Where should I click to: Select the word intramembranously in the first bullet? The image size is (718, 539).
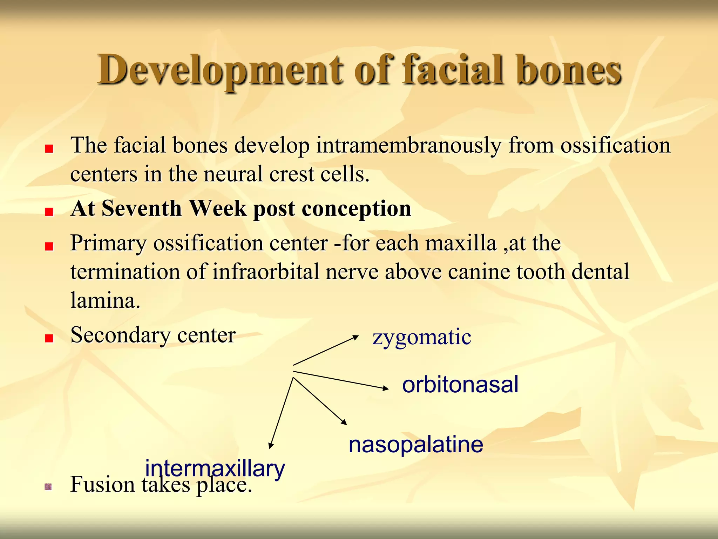click(x=409, y=146)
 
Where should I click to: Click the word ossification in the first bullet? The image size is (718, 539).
click(x=615, y=146)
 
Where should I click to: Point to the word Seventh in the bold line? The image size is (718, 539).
click(x=142, y=208)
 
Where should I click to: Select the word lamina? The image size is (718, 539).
click(x=105, y=301)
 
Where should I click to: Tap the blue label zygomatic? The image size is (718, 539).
click(x=422, y=338)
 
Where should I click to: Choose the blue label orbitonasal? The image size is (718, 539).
click(x=460, y=385)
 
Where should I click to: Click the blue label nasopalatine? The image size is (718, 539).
click(x=416, y=445)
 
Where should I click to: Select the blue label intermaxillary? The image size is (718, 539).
click(x=215, y=469)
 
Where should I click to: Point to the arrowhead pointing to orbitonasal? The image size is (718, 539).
click(x=385, y=388)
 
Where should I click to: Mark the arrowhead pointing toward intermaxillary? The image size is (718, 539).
click(x=271, y=445)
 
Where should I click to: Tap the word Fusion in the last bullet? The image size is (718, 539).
click(x=103, y=485)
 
